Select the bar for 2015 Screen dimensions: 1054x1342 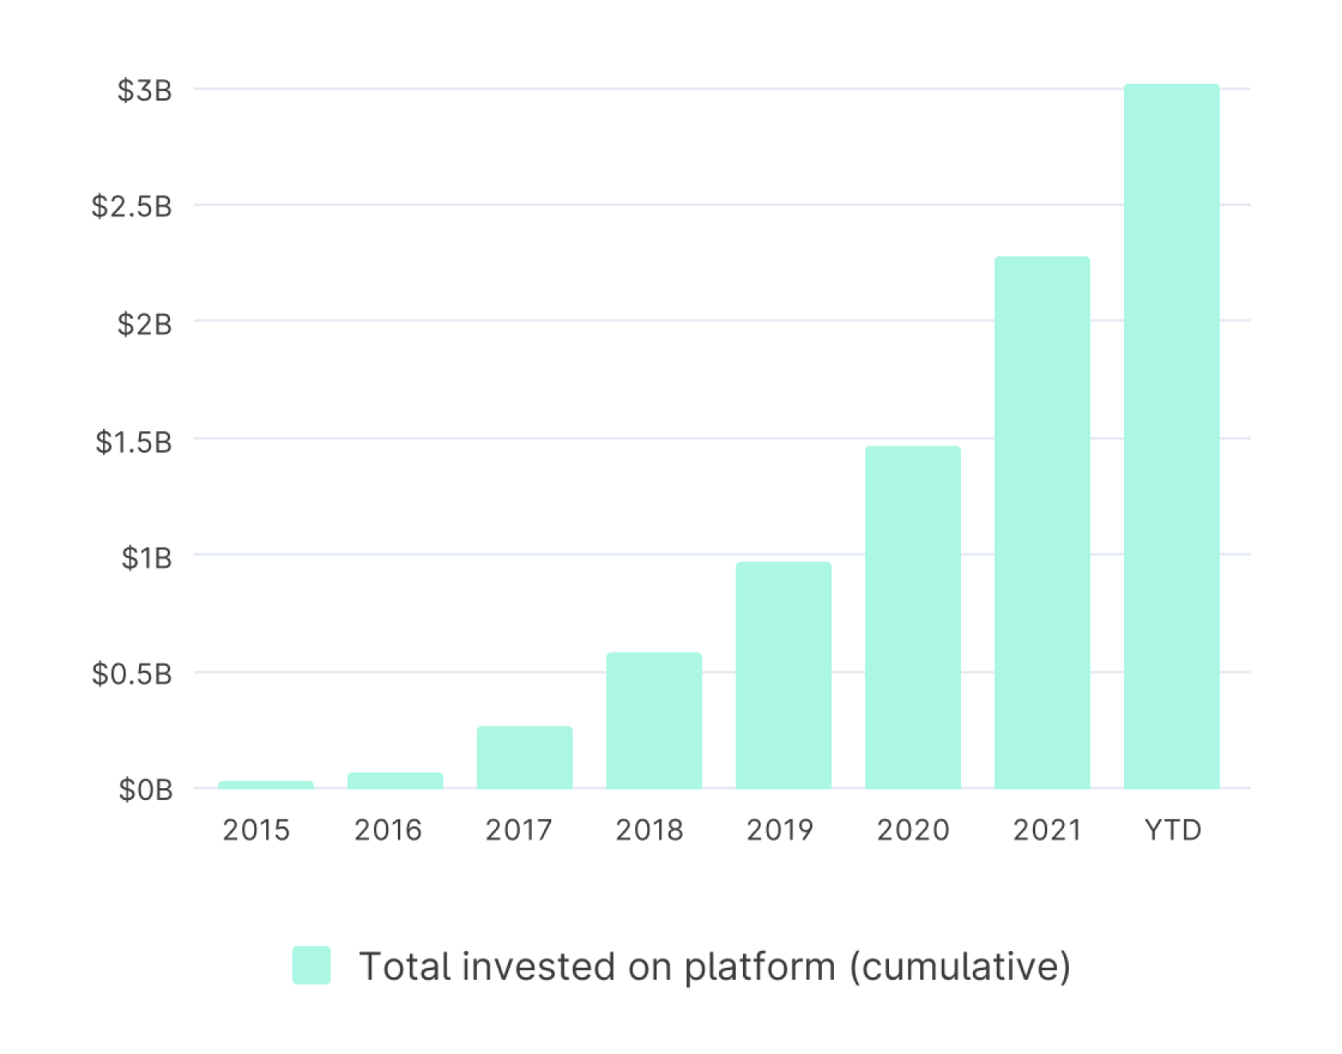point(265,785)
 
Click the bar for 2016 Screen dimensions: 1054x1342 point(395,780)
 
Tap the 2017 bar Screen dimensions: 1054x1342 point(524,757)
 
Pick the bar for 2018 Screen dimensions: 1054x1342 point(653,720)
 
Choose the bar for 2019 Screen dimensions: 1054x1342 point(783,675)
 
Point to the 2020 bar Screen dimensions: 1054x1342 point(912,616)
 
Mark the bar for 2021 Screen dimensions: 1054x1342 point(1042,522)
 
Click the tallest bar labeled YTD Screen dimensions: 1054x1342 point(1171,435)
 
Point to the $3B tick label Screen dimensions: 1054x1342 point(145,91)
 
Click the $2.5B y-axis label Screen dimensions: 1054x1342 point(132,207)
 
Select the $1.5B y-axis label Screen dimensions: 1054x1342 point(133,442)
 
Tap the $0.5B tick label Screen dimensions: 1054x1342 point(132,675)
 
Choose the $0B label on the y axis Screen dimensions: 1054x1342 point(145,790)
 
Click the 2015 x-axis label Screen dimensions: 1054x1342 point(256,830)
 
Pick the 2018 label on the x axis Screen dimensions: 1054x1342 point(649,830)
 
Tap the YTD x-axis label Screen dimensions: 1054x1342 point(1172,830)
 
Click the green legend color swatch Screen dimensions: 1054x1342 point(312,965)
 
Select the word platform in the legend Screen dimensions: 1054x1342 point(759,966)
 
